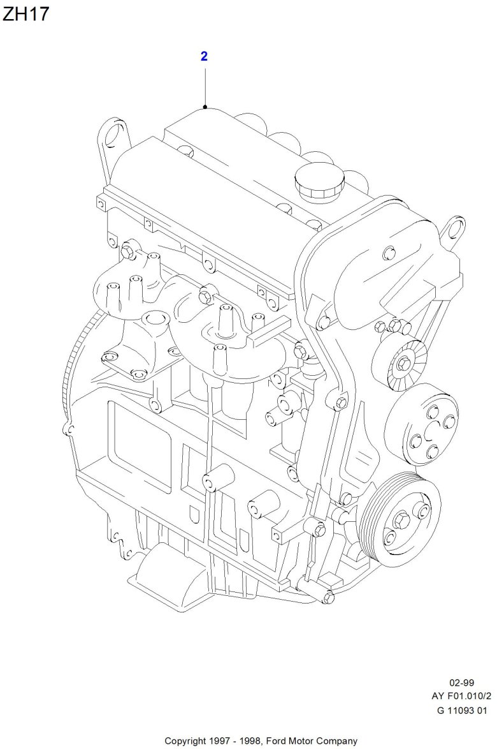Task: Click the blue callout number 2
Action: click(204, 56)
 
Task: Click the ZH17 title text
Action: click(25, 14)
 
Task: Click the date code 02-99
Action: click(462, 683)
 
